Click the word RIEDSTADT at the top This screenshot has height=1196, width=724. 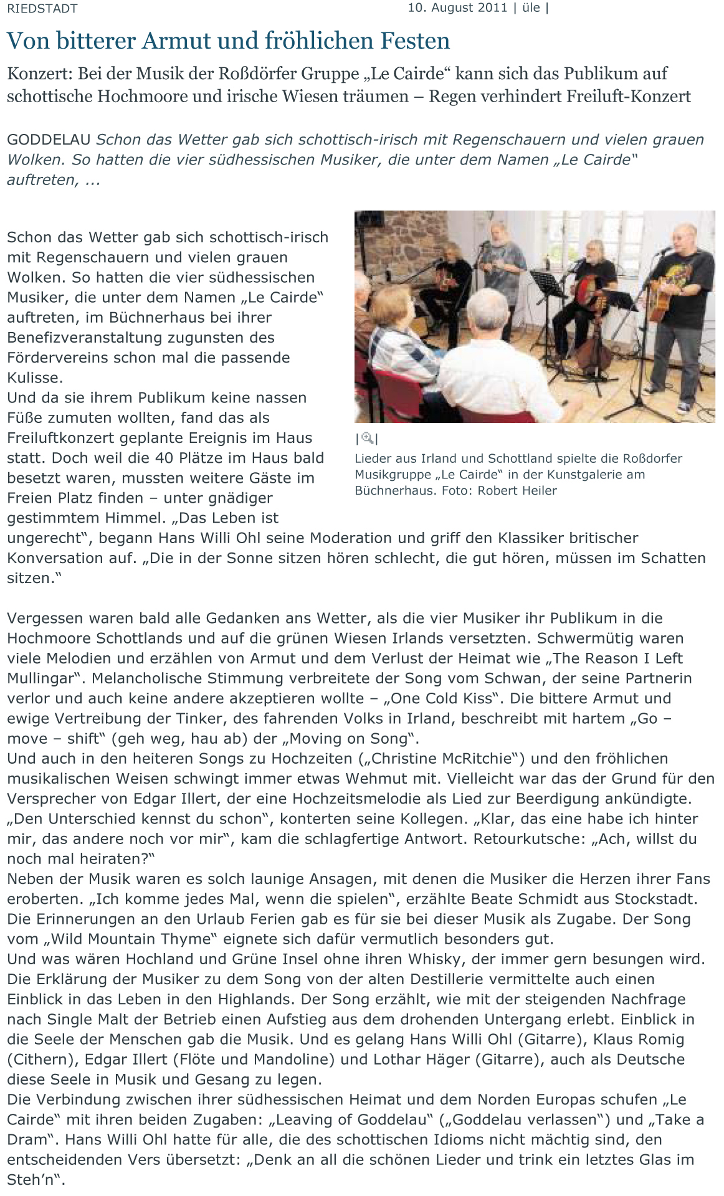[42, 9]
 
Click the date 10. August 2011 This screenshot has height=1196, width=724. [458, 8]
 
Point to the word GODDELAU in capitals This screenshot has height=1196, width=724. [49, 140]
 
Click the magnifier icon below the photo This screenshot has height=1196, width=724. [367, 438]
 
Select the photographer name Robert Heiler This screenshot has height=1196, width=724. [517, 490]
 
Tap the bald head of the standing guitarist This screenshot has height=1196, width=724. [684, 233]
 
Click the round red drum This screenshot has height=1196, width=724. [589, 301]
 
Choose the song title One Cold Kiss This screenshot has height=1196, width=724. [447, 698]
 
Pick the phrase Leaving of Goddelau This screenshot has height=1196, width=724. [350, 1119]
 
